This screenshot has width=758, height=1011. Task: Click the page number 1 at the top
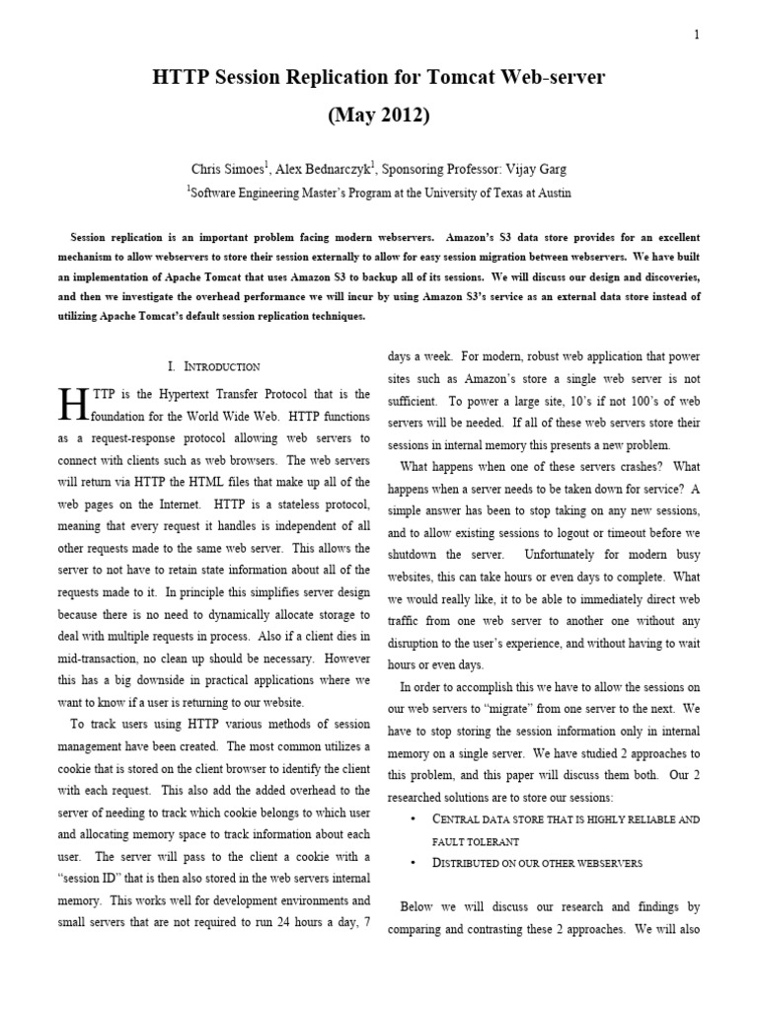697,35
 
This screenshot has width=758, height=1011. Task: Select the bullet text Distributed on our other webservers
538,863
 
